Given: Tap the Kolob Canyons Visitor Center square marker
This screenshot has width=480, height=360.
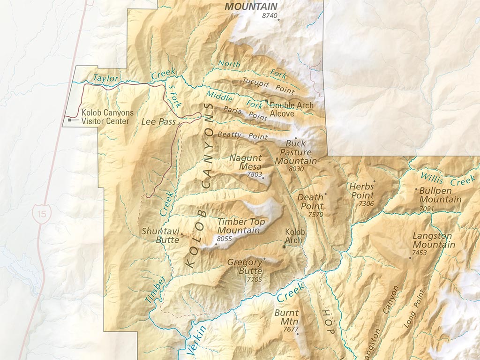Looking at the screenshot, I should click(x=70, y=120).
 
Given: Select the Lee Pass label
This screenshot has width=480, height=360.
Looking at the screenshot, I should click(x=158, y=122).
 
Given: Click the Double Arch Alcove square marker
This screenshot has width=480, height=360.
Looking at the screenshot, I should click(x=267, y=101).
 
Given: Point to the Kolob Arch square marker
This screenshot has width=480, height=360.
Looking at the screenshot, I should click(x=284, y=247).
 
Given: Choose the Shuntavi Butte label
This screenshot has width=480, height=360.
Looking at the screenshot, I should click(x=160, y=235).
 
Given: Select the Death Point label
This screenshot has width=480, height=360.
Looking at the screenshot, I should click(x=310, y=202).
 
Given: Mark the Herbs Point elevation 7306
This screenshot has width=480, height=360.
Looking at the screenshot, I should click(x=366, y=204).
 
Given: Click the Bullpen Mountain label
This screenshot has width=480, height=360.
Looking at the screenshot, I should click(x=440, y=195).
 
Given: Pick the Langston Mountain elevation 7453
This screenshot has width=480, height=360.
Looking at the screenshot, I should click(x=420, y=253).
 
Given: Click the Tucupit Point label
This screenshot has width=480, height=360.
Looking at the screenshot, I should click(x=268, y=84).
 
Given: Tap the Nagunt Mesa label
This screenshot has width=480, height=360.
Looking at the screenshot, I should click(x=245, y=162).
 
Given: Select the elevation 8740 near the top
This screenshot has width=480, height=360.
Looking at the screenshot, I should click(x=270, y=16).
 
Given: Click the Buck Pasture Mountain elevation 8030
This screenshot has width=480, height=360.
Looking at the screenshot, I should click(x=297, y=169).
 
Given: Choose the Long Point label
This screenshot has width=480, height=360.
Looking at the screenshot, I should click(x=414, y=309).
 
